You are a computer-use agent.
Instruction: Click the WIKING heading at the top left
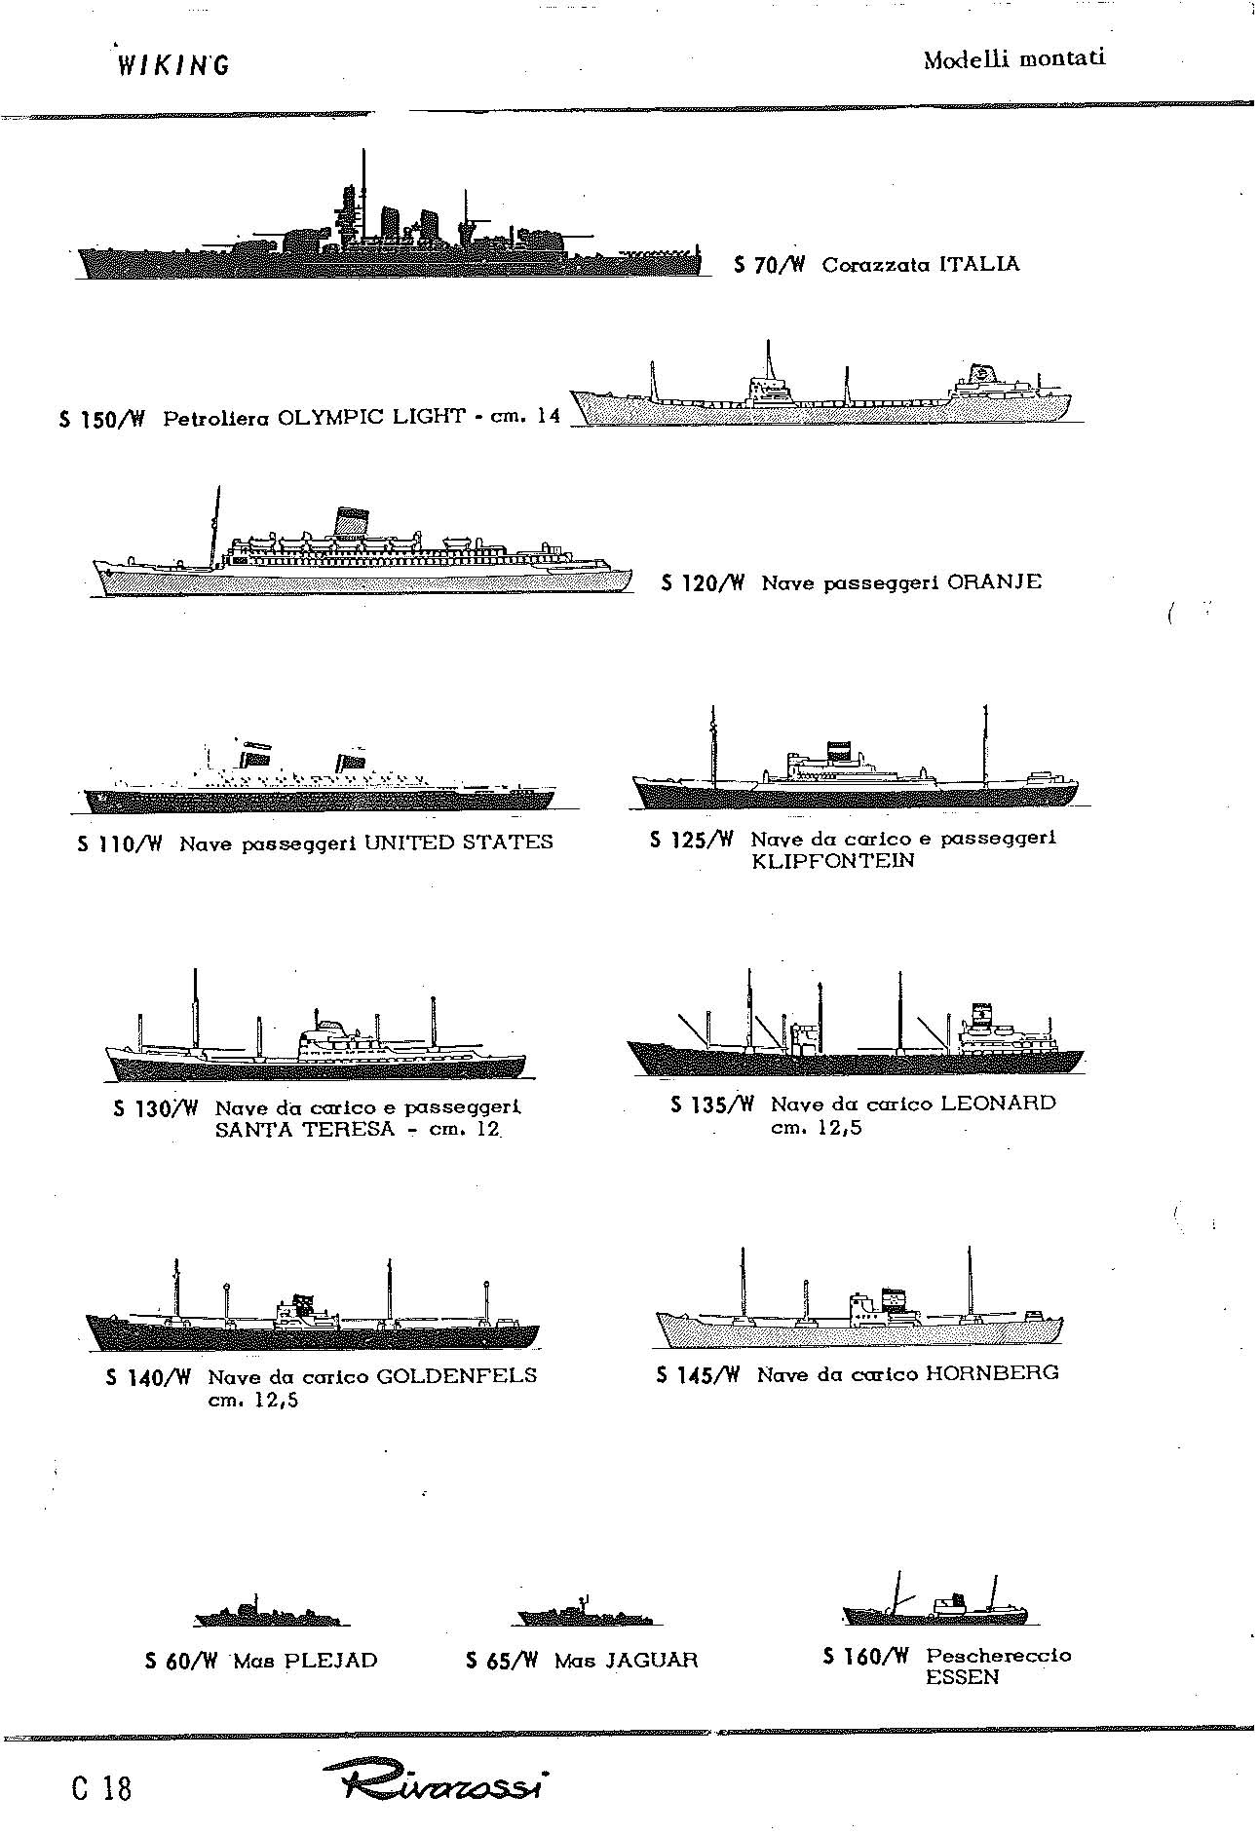[x=172, y=65]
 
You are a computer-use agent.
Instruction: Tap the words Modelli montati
[x=1014, y=58]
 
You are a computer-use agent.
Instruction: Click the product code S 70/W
[x=767, y=265]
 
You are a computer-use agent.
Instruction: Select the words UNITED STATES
[x=458, y=842]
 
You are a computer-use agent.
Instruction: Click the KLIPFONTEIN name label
[x=833, y=861]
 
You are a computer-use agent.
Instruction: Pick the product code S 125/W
[x=691, y=839]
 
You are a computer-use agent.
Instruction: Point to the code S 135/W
[x=712, y=1104]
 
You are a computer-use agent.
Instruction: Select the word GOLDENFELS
[x=457, y=1376]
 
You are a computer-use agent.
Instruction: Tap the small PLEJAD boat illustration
[x=271, y=1614]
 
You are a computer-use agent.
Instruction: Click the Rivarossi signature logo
[x=436, y=1786]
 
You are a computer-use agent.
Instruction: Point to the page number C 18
[x=101, y=1788]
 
